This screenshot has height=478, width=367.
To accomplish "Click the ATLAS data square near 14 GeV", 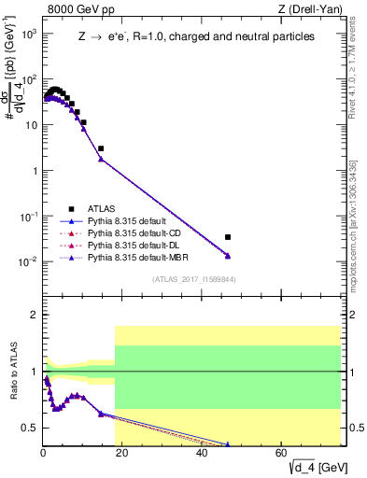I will tap(101, 148).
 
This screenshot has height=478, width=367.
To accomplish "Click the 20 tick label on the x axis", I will tap(123, 453).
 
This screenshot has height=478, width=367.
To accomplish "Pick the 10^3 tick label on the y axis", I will tap(29, 34).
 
